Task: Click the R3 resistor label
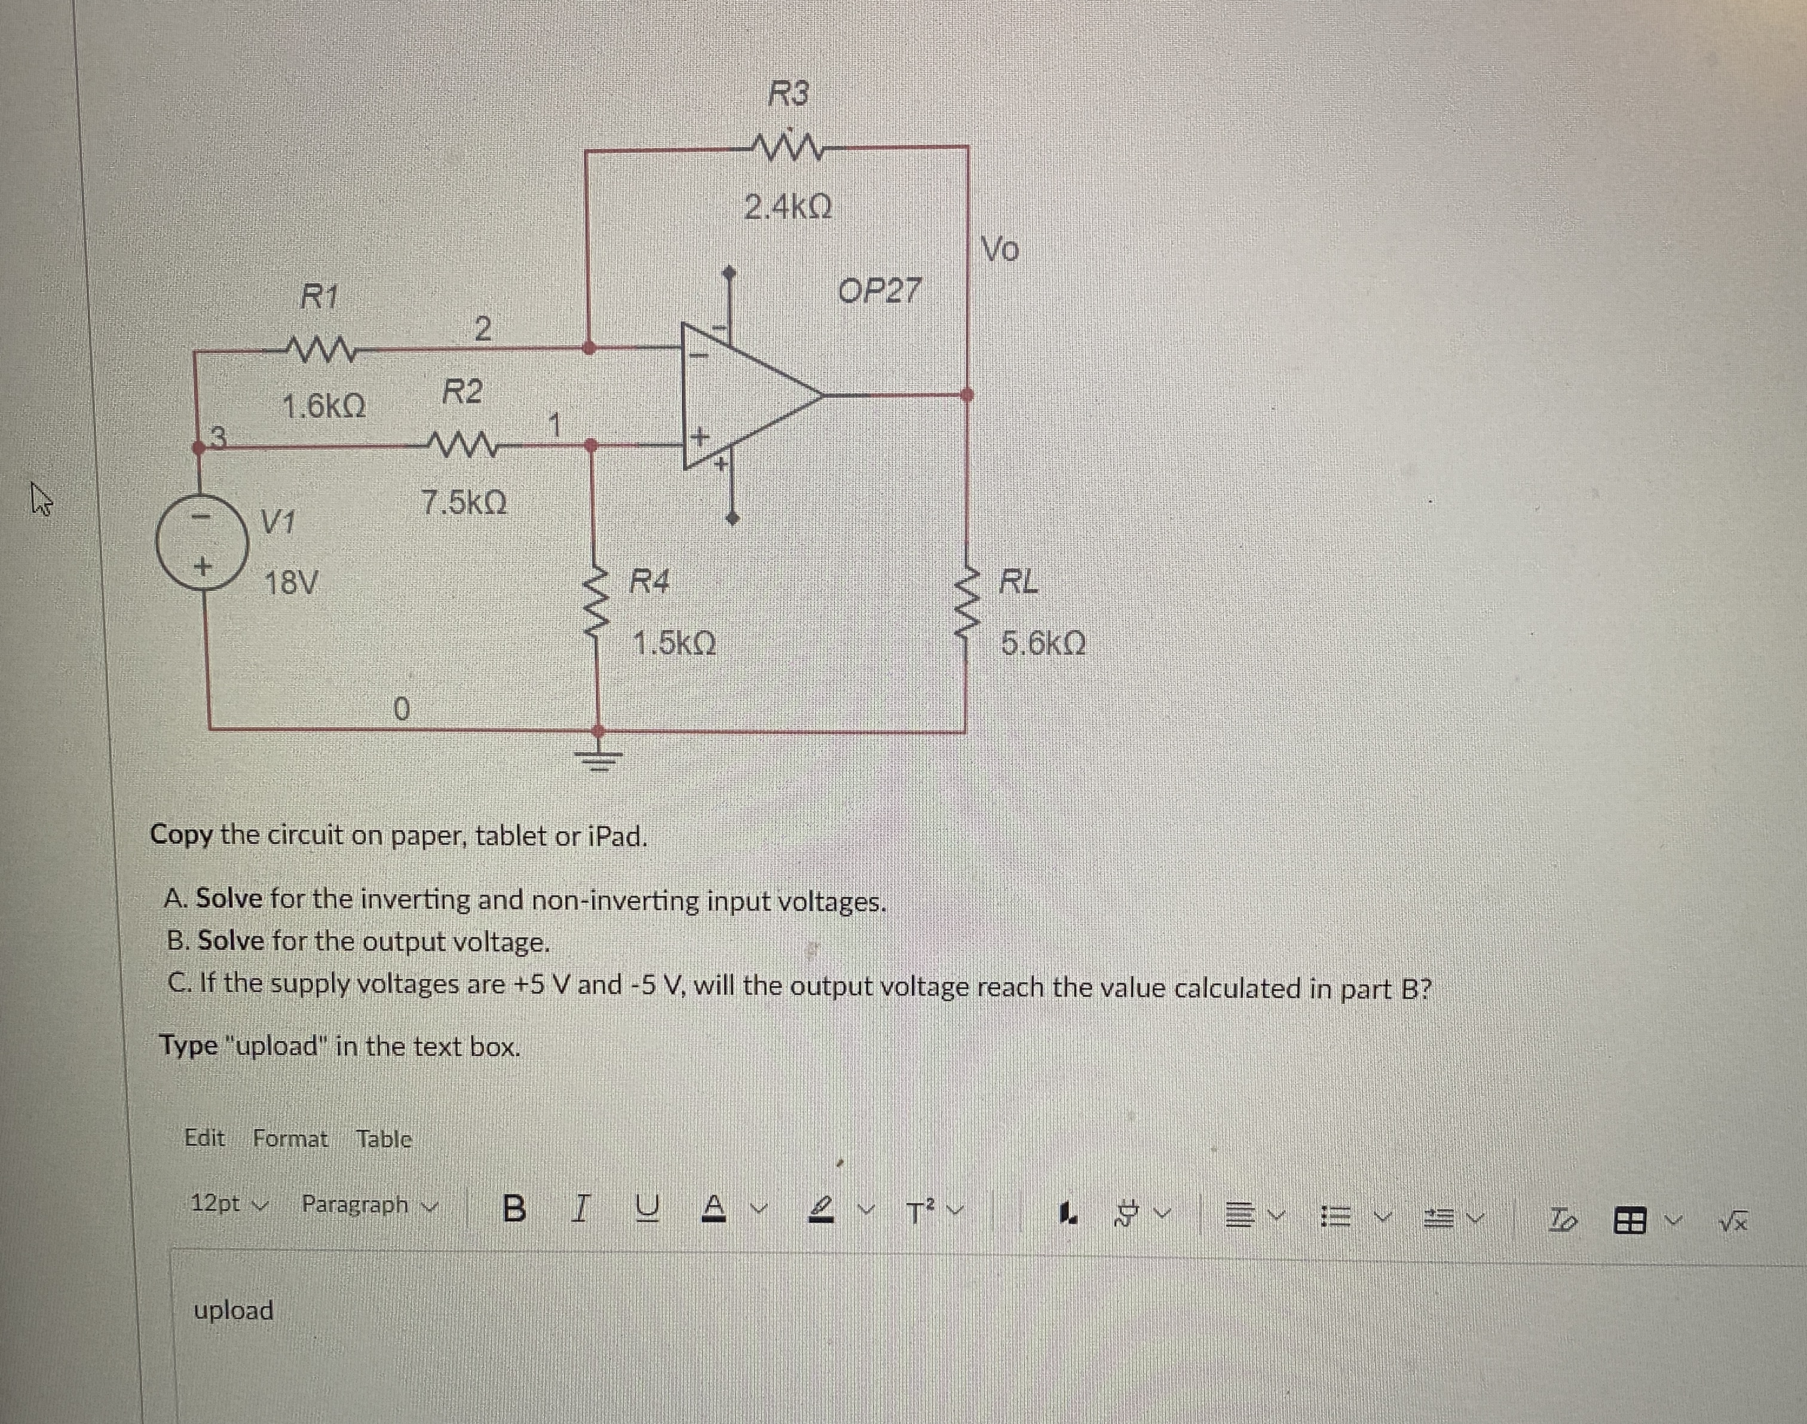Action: [x=788, y=93]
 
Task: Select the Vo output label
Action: [x=1001, y=249]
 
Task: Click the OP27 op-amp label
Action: [x=880, y=291]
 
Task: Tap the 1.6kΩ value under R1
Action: [x=323, y=407]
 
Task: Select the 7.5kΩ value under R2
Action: [x=464, y=503]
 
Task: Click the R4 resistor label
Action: [x=650, y=580]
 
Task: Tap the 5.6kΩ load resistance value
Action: [x=1043, y=644]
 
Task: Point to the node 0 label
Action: [x=401, y=710]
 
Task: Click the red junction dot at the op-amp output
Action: [x=967, y=395]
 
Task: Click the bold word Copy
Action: [x=181, y=835]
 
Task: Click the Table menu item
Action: [x=384, y=1138]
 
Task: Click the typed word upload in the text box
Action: [x=234, y=1310]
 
